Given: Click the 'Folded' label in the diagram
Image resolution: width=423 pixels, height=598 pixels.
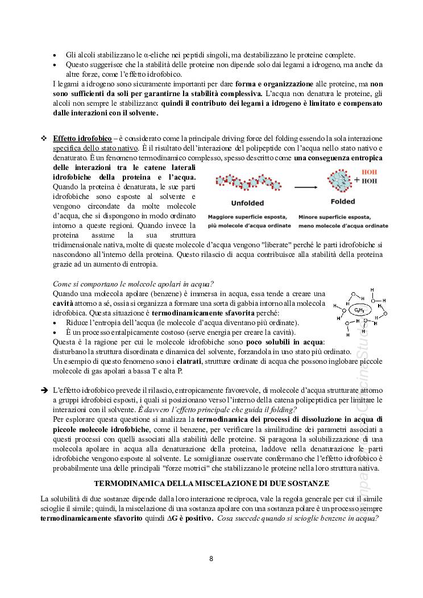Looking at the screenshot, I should [343, 201].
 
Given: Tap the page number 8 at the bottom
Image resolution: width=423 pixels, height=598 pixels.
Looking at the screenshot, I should [211, 558].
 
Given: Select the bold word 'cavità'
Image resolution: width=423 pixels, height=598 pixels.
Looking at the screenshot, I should [63, 304].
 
